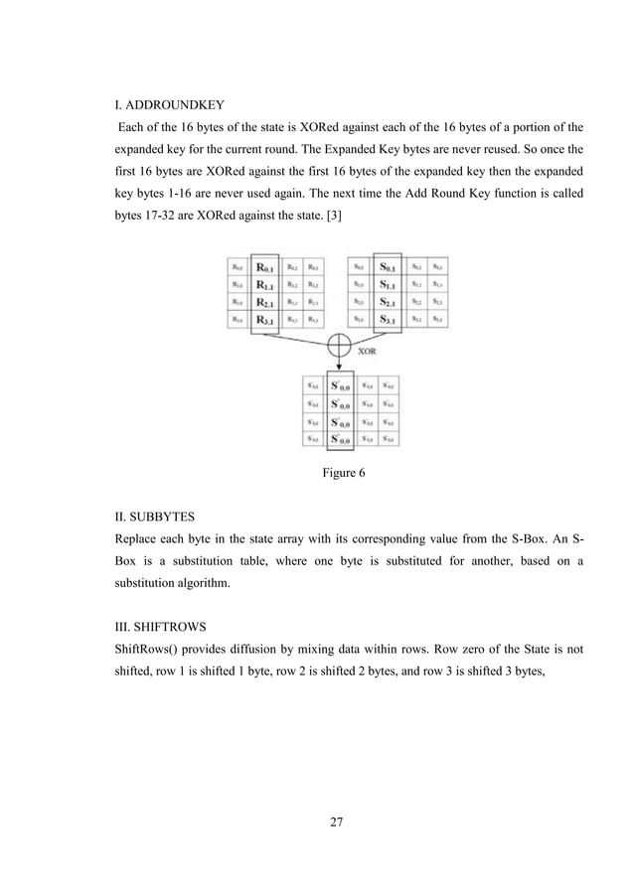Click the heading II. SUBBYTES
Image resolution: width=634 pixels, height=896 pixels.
click(x=158, y=515)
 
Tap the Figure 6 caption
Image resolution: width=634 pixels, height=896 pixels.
click(x=343, y=473)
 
